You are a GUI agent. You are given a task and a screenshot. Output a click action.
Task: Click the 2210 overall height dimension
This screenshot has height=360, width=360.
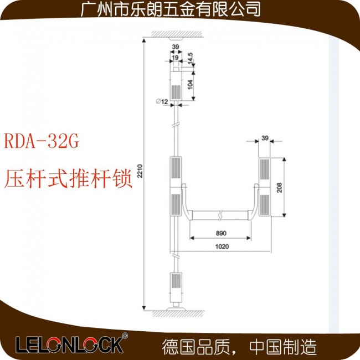pos(140,171)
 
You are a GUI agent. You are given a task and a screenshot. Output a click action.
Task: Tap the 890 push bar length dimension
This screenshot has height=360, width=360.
pos(221,233)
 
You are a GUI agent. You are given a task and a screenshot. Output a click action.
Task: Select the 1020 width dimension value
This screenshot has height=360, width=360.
pos(222,246)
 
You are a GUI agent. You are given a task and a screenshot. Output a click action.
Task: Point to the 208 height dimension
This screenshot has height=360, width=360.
pos(279,188)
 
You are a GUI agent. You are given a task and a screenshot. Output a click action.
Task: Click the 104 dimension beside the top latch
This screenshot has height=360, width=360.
pos(190,85)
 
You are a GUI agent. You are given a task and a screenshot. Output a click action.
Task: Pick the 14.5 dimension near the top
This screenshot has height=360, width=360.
pos(190,58)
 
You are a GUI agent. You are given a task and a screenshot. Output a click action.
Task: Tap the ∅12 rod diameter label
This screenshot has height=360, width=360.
pos(162,101)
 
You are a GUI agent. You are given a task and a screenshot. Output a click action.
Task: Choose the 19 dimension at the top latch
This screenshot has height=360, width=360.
pos(175,58)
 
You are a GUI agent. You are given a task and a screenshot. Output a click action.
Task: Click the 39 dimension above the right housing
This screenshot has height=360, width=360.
pos(265,138)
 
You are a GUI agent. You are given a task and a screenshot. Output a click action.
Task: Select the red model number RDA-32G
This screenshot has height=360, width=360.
pos(42,141)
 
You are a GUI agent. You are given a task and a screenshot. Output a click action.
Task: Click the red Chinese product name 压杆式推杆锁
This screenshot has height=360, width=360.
pos(68,179)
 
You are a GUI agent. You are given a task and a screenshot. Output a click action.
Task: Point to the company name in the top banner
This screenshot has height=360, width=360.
pos(171,9)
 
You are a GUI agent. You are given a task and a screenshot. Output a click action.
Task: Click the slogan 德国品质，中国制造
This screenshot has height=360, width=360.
pos(239,347)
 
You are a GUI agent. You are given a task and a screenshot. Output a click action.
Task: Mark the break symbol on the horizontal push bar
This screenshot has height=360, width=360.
pos(220,215)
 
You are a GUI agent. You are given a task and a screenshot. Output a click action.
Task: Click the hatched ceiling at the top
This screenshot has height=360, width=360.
pos(177,34)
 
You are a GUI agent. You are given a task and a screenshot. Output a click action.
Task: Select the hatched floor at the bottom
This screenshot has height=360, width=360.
pos(178,314)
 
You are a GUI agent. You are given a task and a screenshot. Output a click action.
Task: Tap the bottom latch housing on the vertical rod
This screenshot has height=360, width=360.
pos(176,287)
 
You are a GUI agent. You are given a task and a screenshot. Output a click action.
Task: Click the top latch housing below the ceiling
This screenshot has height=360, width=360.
pos(176,85)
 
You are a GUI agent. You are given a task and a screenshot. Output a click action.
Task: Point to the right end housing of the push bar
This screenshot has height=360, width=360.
pos(265,187)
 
